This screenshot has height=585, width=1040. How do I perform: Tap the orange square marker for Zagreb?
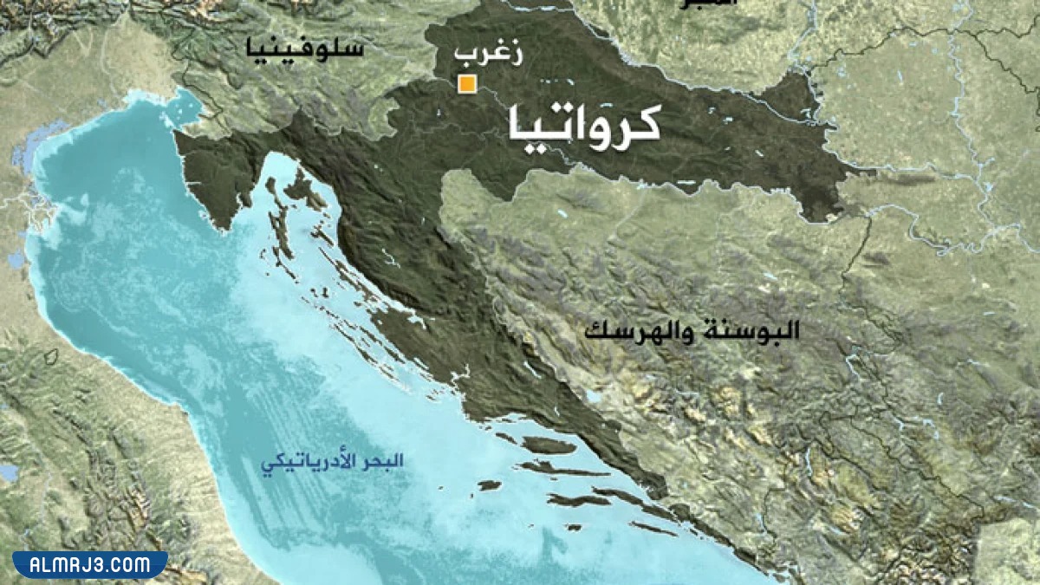pos(467,84)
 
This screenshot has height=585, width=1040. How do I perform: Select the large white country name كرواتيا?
pos(583,123)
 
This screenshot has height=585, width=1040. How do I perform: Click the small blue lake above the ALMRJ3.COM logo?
pos(9,473)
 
